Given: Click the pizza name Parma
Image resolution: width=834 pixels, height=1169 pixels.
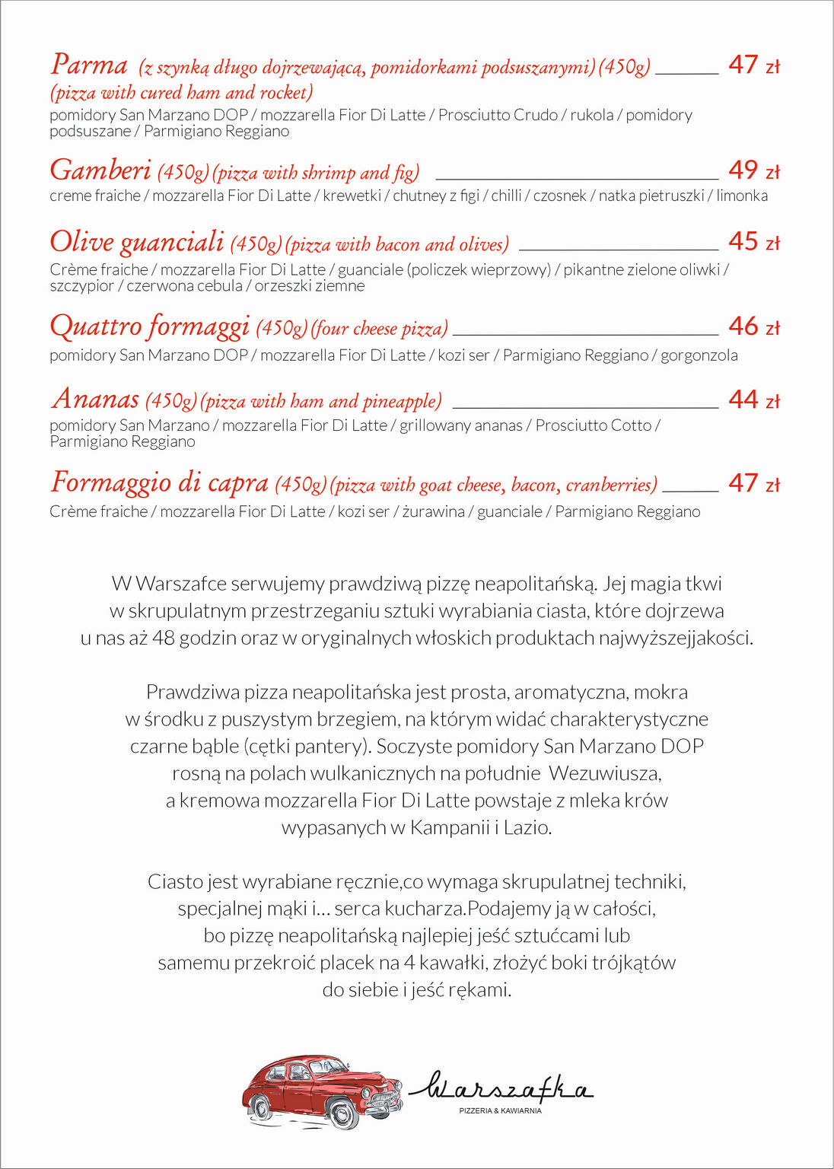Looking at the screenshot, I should coord(89,65).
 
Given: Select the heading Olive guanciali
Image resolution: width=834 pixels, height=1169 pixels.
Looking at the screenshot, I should coord(137,242).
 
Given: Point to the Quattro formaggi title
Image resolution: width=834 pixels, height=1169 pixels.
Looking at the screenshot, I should coord(149,326).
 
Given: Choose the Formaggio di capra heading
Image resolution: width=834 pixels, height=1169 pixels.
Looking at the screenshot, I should coord(160,483).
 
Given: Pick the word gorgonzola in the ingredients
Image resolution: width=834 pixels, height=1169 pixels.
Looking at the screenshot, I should coord(699,355).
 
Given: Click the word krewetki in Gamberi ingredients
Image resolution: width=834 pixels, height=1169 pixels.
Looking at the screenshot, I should coord(352,196).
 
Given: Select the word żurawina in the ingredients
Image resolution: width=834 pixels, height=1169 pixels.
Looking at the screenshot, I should coord(433,511).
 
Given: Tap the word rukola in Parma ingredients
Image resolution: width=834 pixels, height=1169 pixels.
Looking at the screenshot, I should coord(591,115).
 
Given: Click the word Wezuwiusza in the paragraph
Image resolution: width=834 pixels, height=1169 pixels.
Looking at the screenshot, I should coord(604,773).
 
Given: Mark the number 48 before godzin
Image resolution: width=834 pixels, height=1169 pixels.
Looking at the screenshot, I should coord(163,638).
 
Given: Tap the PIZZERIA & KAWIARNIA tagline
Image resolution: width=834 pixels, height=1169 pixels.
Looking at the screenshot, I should coord(500,1111).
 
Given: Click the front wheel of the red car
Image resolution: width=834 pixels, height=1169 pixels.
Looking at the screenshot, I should coord(342,1113).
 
